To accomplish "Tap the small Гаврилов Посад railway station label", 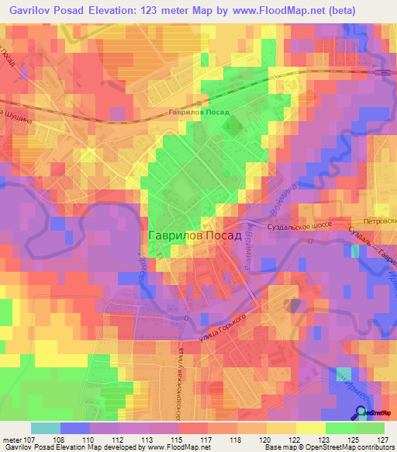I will [x=199, y=113].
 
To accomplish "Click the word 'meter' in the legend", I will [x=12, y=439].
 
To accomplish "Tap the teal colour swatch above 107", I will [x=46, y=428].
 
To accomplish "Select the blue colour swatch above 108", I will [x=75, y=428].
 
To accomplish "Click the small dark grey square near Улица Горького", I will [x=295, y=305].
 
